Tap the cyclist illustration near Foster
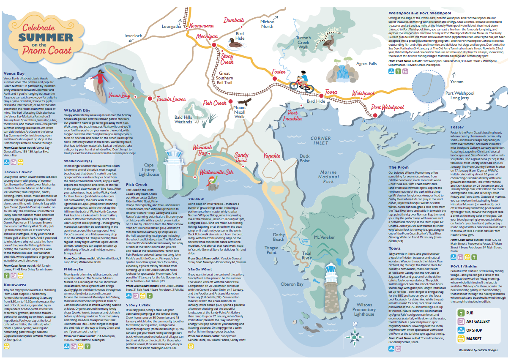coord(298,81)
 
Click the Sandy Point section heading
coord(200,268)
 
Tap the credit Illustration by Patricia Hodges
coord(477,350)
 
